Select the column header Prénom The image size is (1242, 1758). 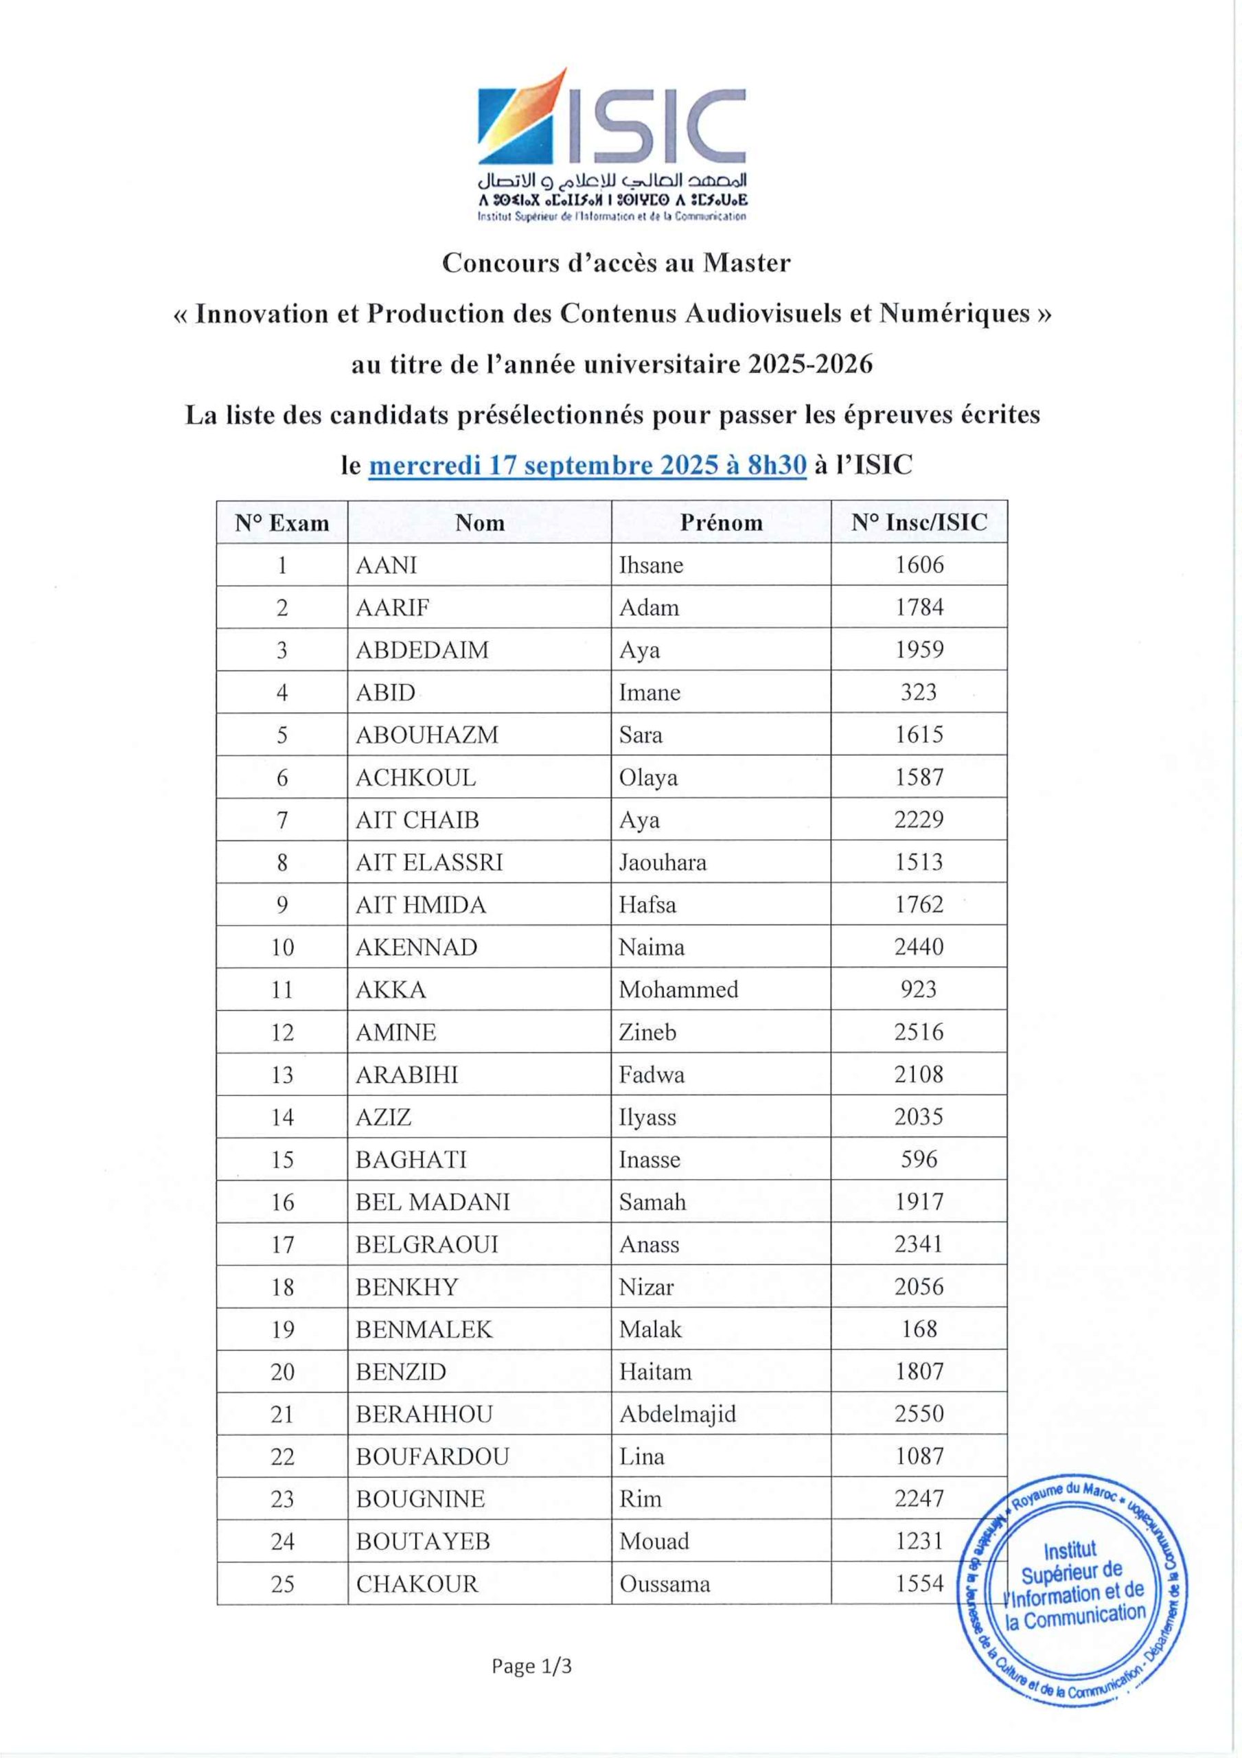[x=722, y=523]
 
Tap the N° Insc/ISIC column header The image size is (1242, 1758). [x=919, y=523]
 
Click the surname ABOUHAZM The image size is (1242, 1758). [x=426, y=735]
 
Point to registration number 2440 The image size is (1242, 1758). [x=919, y=947]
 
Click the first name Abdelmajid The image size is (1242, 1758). [x=678, y=1414]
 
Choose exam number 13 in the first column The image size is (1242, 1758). [x=281, y=1075]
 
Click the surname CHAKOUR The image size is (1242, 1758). [x=417, y=1584]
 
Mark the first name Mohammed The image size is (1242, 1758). [x=678, y=990]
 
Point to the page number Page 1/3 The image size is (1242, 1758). [x=531, y=1666]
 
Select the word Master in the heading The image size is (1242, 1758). [x=746, y=262]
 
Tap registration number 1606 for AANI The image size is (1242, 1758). [x=919, y=565]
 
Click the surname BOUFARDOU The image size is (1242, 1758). [x=432, y=1457]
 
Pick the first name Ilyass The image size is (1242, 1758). [x=647, y=1117]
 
